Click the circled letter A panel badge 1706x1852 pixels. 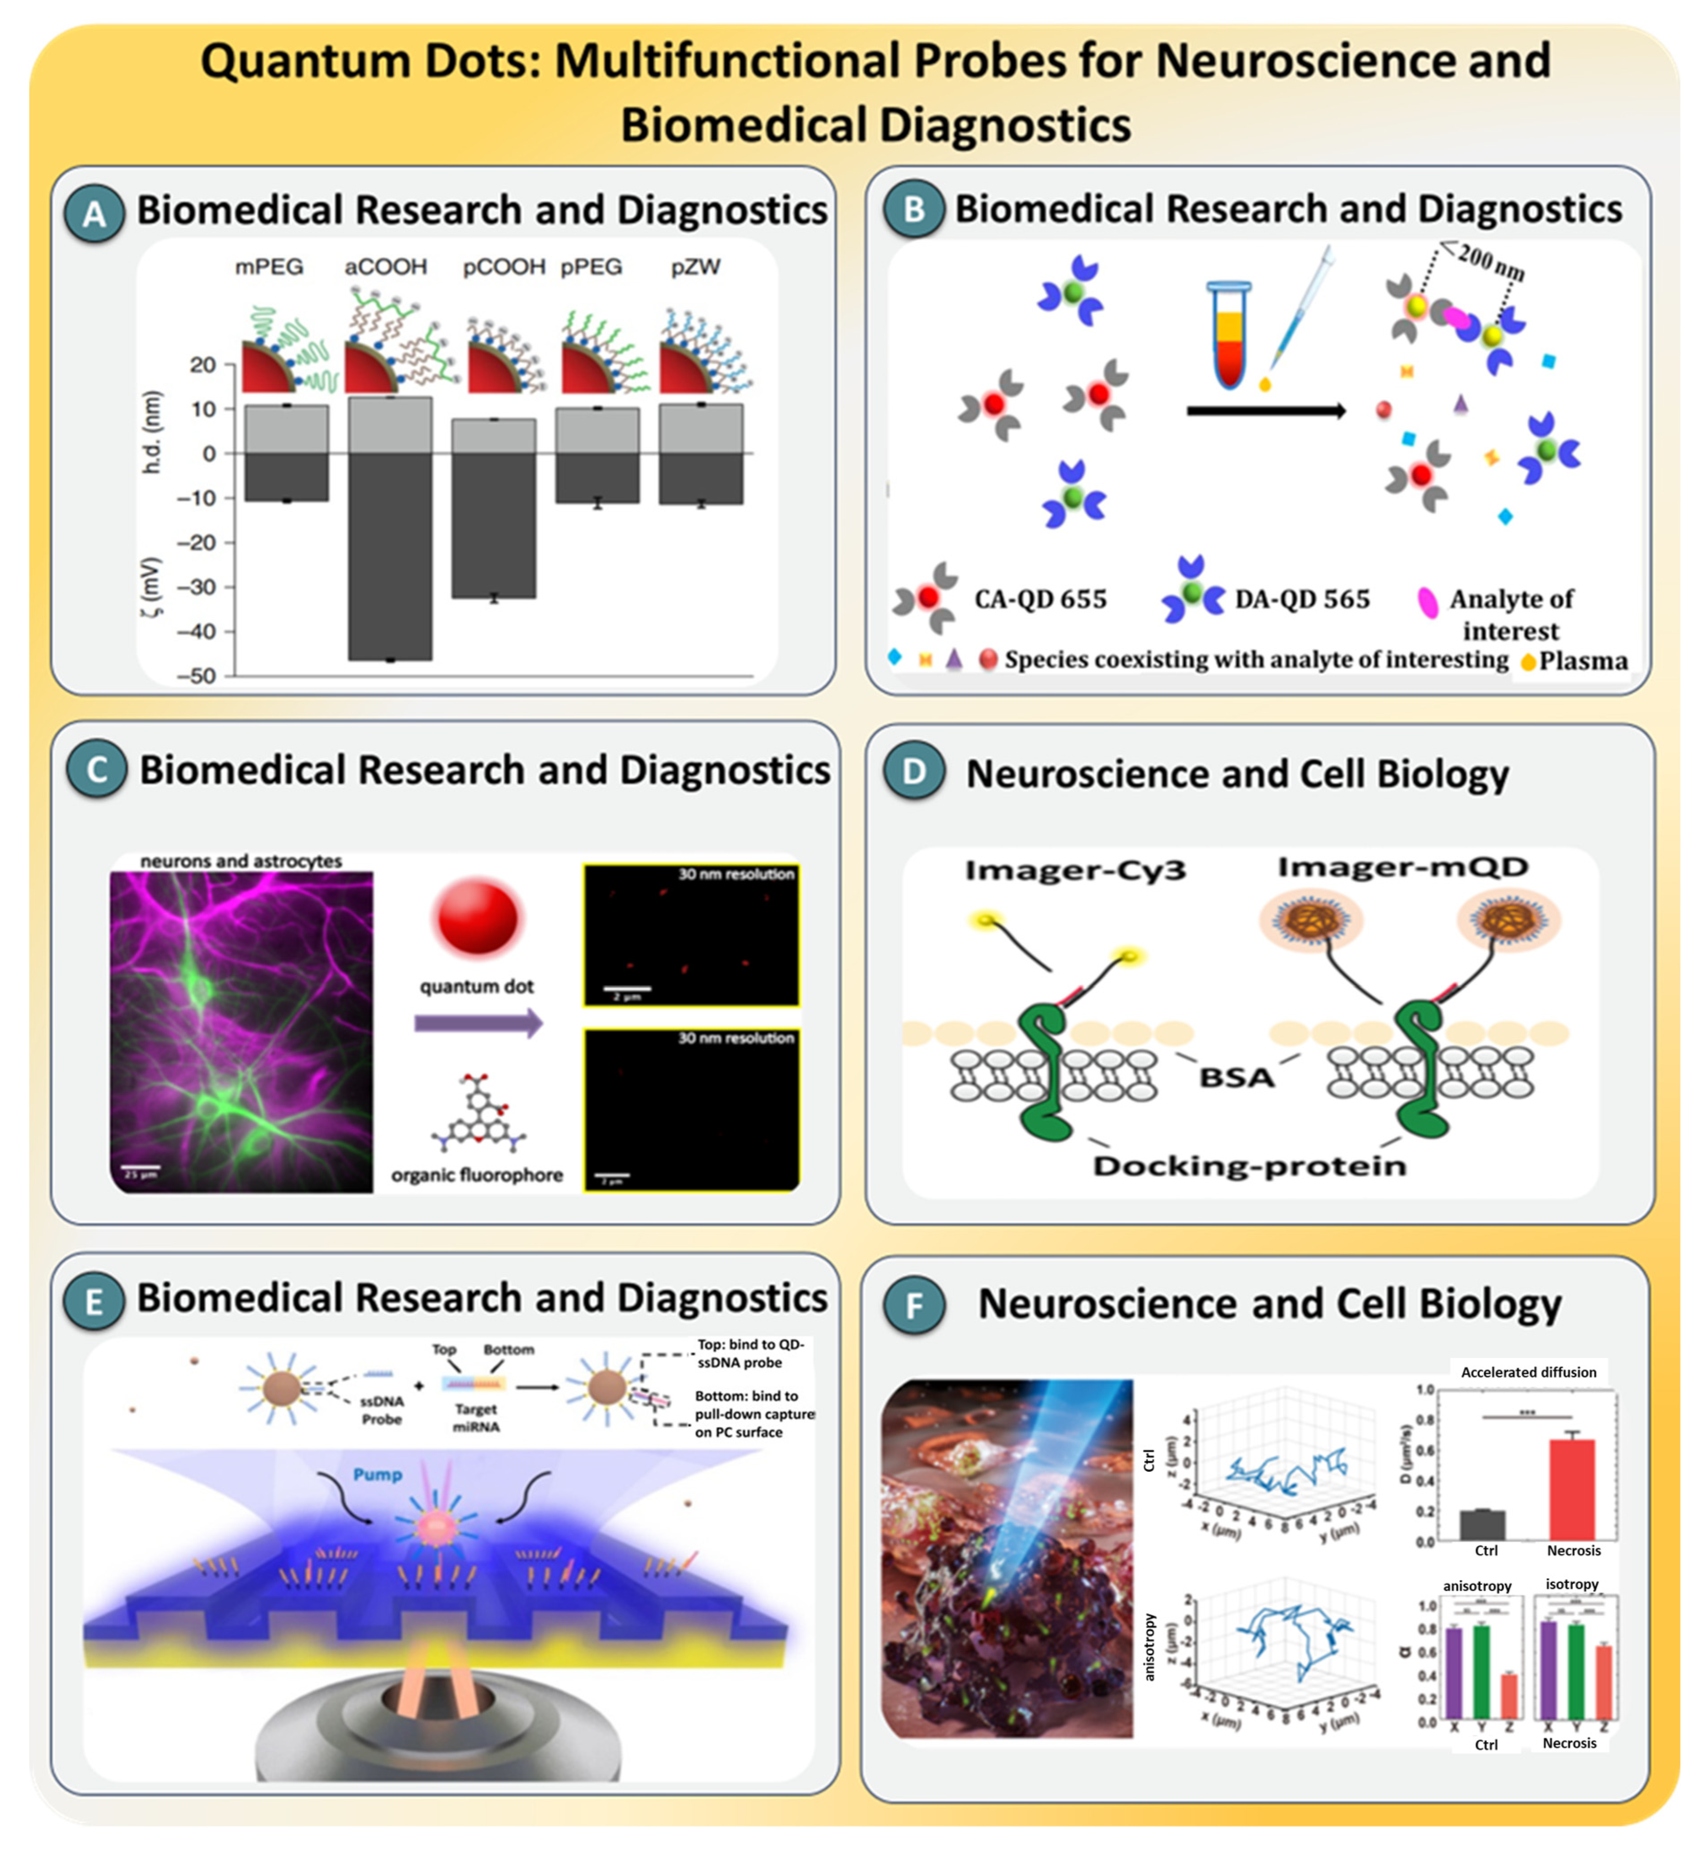pyautogui.click(x=94, y=213)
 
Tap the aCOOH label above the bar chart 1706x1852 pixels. pyautogui.click(x=386, y=267)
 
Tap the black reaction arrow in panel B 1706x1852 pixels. pyautogui.click(x=1265, y=411)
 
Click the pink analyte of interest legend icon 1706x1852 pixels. pyautogui.click(x=1427, y=602)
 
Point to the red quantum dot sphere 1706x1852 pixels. pyautogui.click(x=477, y=917)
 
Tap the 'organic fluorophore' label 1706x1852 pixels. pyautogui.click(x=476, y=1174)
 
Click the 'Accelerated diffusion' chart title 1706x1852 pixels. pyautogui.click(x=1528, y=1372)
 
